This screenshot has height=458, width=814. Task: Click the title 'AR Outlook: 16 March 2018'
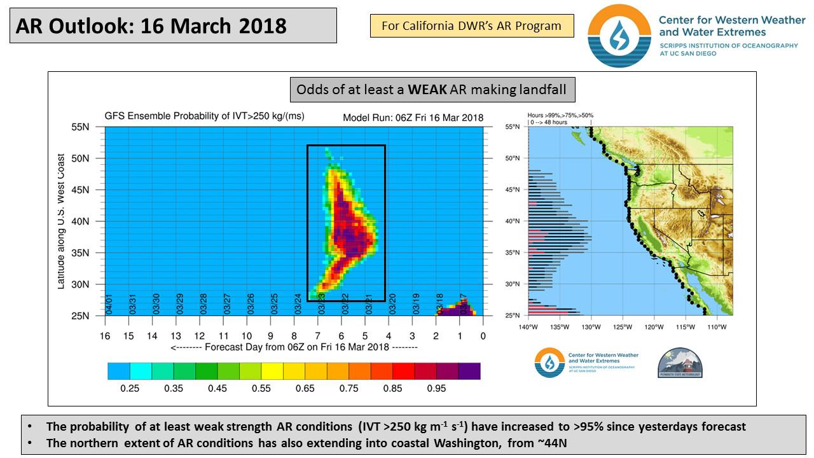(x=151, y=26)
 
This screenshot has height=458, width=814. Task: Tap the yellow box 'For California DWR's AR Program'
(x=471, y=26)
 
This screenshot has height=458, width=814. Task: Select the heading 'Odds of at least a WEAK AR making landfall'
(x=432, y=89)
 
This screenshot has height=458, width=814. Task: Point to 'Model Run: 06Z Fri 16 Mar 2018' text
(x=413, y=118)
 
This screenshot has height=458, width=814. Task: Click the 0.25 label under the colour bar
(x=130, y=387)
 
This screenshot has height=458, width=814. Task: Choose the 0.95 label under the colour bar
(x=436, y=387)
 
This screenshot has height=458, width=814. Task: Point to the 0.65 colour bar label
(x=305, y=387)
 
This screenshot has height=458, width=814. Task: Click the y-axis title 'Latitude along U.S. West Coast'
(x=61, y=221)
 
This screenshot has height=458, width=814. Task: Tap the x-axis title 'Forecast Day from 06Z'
(x=294, y=347)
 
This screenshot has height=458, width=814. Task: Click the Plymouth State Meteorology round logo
(x=681, y=363)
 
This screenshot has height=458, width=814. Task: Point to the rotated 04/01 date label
(x=109, y=305)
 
